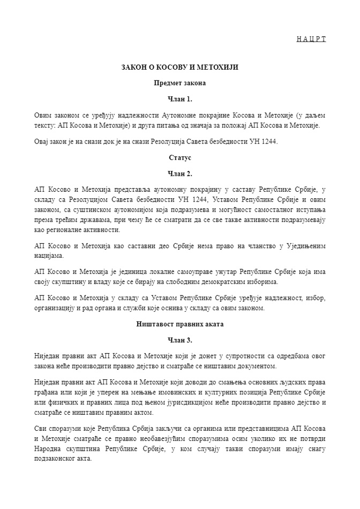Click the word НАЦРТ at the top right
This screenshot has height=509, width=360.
(311, 39)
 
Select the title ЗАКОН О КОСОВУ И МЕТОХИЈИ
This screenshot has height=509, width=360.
(179, 68)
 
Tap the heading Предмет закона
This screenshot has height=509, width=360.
(179, 83)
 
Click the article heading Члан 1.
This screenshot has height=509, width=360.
(179, 99)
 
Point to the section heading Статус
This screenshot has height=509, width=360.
(179, 158)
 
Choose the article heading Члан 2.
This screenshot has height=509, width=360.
(179, 174)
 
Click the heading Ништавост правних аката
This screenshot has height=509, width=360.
(179, 324)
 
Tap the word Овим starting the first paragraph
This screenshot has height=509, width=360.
(43, 115)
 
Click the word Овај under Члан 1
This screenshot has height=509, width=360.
(43, 141)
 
